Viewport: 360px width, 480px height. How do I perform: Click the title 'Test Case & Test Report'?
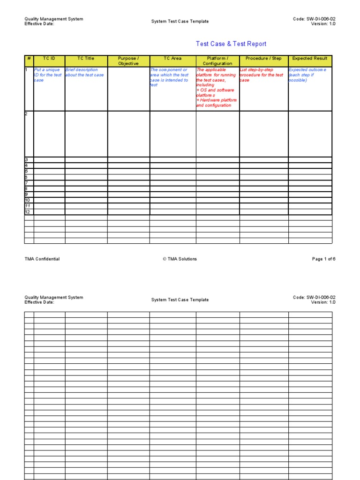tap(231, 44)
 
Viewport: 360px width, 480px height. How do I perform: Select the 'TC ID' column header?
tap(49, 59)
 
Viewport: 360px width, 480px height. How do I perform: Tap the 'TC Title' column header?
tap(86, 59)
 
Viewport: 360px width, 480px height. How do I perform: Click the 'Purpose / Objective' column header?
tap(128, 61)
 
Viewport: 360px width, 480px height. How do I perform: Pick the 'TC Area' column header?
tap(172, 59)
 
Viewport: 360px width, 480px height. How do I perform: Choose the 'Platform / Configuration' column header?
tap(217, 61)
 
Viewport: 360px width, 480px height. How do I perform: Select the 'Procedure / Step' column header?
tap(263, 59)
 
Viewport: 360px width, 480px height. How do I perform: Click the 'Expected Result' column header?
tap(310, 59)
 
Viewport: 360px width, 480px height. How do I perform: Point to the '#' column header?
tap(29, 59)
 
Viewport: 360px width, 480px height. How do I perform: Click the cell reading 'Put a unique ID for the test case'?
tap(49, 75)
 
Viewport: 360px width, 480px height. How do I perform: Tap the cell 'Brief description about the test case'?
tap(85, 72)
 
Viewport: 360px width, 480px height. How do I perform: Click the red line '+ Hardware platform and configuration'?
tap(216, 103)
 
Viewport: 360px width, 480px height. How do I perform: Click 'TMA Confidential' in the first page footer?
tap(42, 259)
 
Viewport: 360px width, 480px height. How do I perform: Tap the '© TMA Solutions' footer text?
tap(180, 259)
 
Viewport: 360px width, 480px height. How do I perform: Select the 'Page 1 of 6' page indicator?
tap(323, 259)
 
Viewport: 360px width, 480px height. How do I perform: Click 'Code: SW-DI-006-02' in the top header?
tap(314, 19)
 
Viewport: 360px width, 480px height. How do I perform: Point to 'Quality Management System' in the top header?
tap(54, 19)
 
